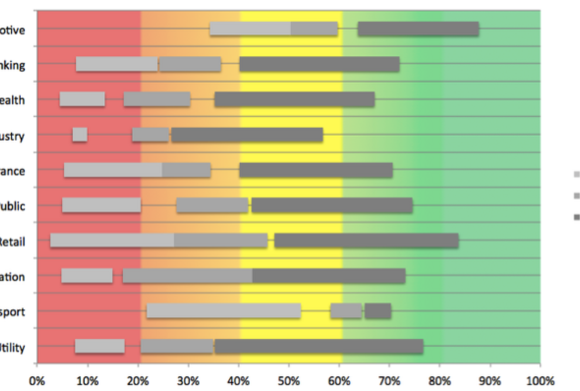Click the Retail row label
[x=12, y=241]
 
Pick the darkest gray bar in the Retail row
[x=366, y=241]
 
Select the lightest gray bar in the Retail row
[x=112, y=241]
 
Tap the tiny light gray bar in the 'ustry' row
[x=80, y=134]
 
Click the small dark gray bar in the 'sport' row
[x=377, y=311]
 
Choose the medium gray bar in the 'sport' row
[x=346, y=311]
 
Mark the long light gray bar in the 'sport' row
[x=224, y=311]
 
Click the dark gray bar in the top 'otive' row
[x=418, y=29]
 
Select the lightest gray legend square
[x=576, y=174]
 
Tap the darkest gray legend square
[x=576, y=217]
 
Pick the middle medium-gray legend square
[x=576, y=195]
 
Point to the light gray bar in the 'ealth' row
[x=82, y=99]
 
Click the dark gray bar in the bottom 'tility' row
[x=319, y=346]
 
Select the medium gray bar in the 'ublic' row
[x=212, y=205]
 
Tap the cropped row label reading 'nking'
[x=12, y=65]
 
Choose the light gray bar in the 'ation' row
[x=87, y=275]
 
